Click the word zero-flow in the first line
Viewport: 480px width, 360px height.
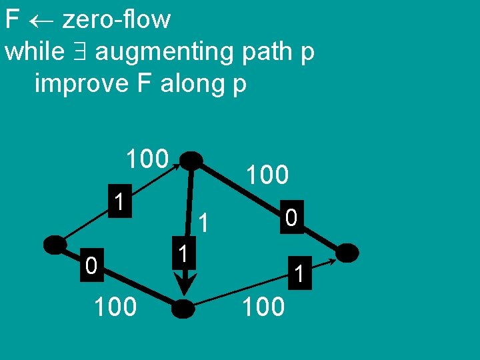pyautogui.click(x=116, y=20)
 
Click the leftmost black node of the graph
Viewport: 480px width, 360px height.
pyautogui.click(x=55, y=245)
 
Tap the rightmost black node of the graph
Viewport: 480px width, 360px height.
pyautogui.click(x=347, y=253)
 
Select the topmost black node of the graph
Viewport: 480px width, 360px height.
pyautogui.click(x=192, y=160)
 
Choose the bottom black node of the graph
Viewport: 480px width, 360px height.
pyautogui.click(x=183, y=309)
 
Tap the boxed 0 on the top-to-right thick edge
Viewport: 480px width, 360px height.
pyautogui.click(x=291, y=219)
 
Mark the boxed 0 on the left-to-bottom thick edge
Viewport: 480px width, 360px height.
pyautogui.click(x=92, y=267)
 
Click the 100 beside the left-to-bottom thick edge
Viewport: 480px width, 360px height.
pyautogui.click(x=115, y=307)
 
